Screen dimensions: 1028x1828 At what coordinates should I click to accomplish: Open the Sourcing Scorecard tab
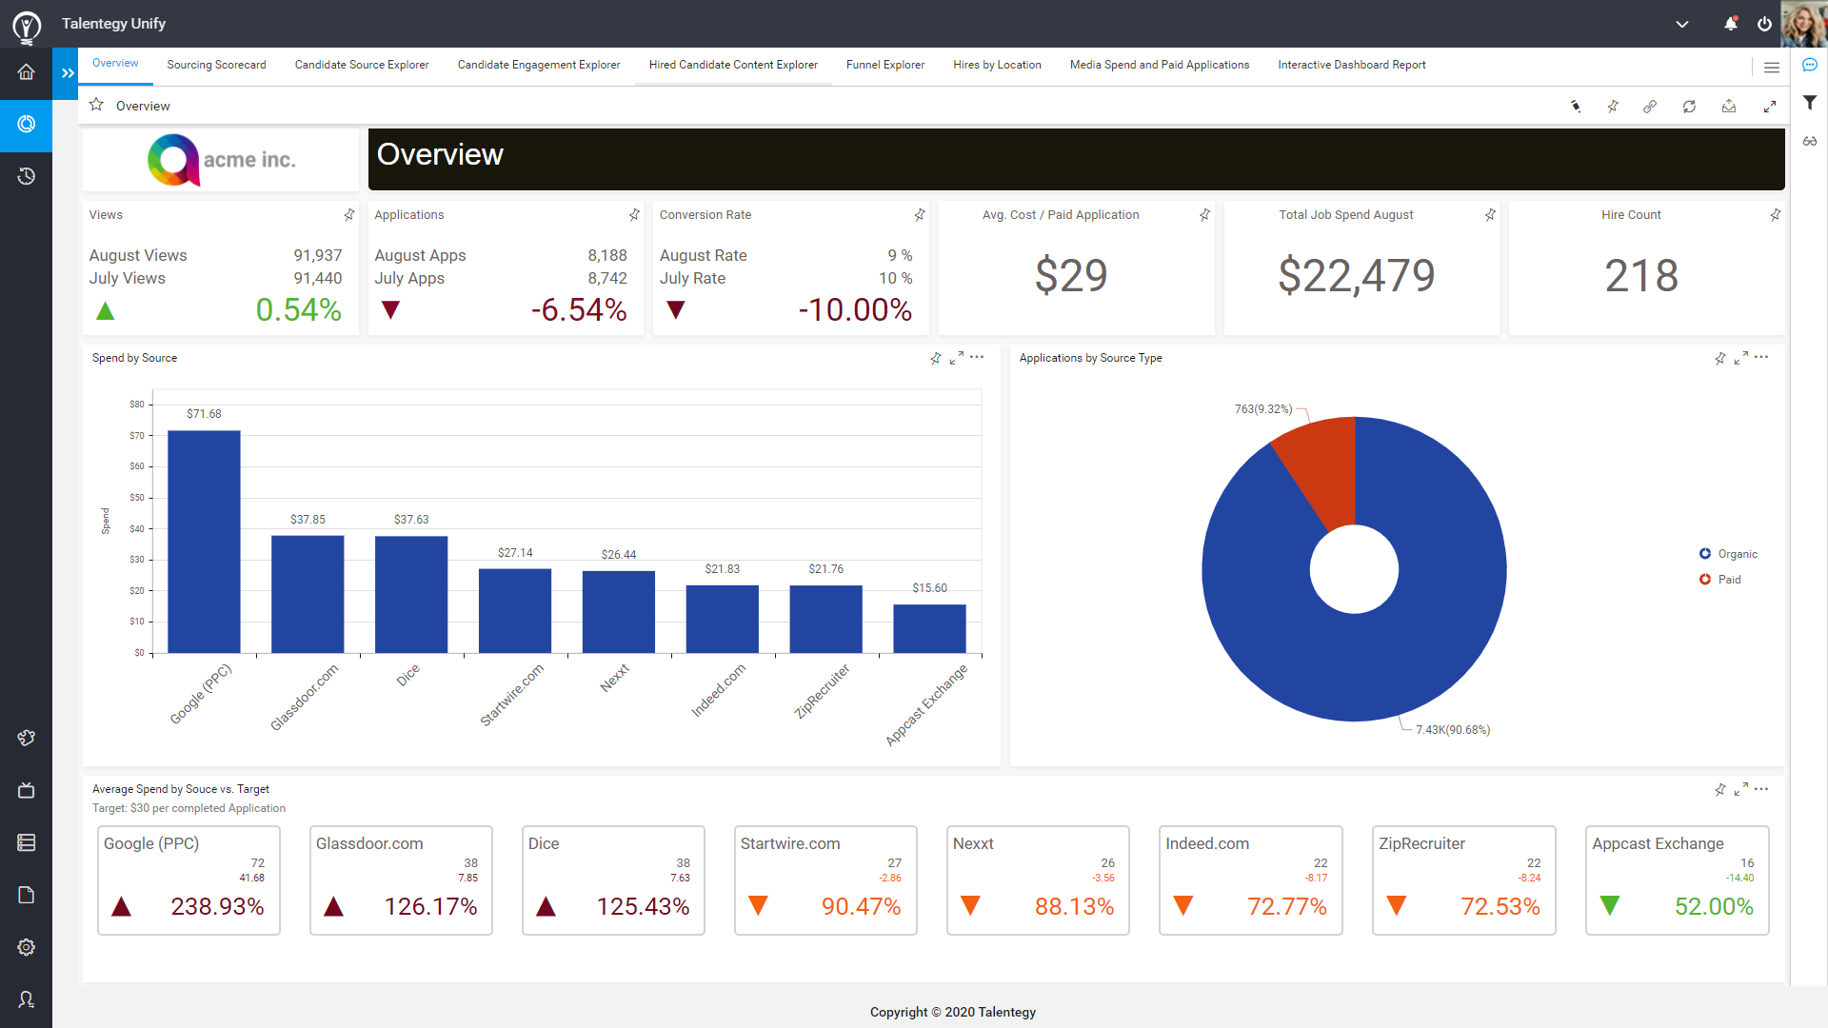(x=216, y=65)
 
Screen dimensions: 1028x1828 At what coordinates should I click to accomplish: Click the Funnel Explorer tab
(x=884, y=65)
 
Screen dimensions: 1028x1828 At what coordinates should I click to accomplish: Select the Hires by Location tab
(x=997, y=65)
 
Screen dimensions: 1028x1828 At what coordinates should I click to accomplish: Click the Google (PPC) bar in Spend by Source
(x=204, y=542)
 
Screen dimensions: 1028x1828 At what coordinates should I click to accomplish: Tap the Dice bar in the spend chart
(x=411, y=594)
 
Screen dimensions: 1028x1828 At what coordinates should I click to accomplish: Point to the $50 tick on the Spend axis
(x=137, y=498)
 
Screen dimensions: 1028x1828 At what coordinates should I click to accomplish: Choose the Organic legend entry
(x=1737, y=554)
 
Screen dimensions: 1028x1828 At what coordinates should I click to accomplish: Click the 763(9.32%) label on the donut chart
(x=1262, y=409)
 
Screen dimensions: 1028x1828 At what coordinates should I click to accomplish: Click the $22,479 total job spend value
(x=1356, y=276)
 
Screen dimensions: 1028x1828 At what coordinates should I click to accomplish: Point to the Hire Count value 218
(x=1640, y=276)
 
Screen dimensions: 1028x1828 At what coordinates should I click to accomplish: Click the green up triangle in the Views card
(x=106, y=311)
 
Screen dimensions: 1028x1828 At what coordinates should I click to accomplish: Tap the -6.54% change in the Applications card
(x=578, y=310)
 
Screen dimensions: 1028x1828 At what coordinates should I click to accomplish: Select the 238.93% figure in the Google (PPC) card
(x=217, y=906)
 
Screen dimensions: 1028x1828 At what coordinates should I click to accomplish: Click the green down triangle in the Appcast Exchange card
(x=1609, y=905)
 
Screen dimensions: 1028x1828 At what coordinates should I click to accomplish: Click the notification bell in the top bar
(x=1730, y=24)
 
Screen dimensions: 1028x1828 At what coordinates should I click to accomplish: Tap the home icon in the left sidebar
(x=26, y=72)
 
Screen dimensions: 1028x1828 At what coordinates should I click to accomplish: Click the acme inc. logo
(x=221, y=160)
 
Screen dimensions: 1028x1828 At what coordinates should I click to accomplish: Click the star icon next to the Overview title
(x=96, y=105)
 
